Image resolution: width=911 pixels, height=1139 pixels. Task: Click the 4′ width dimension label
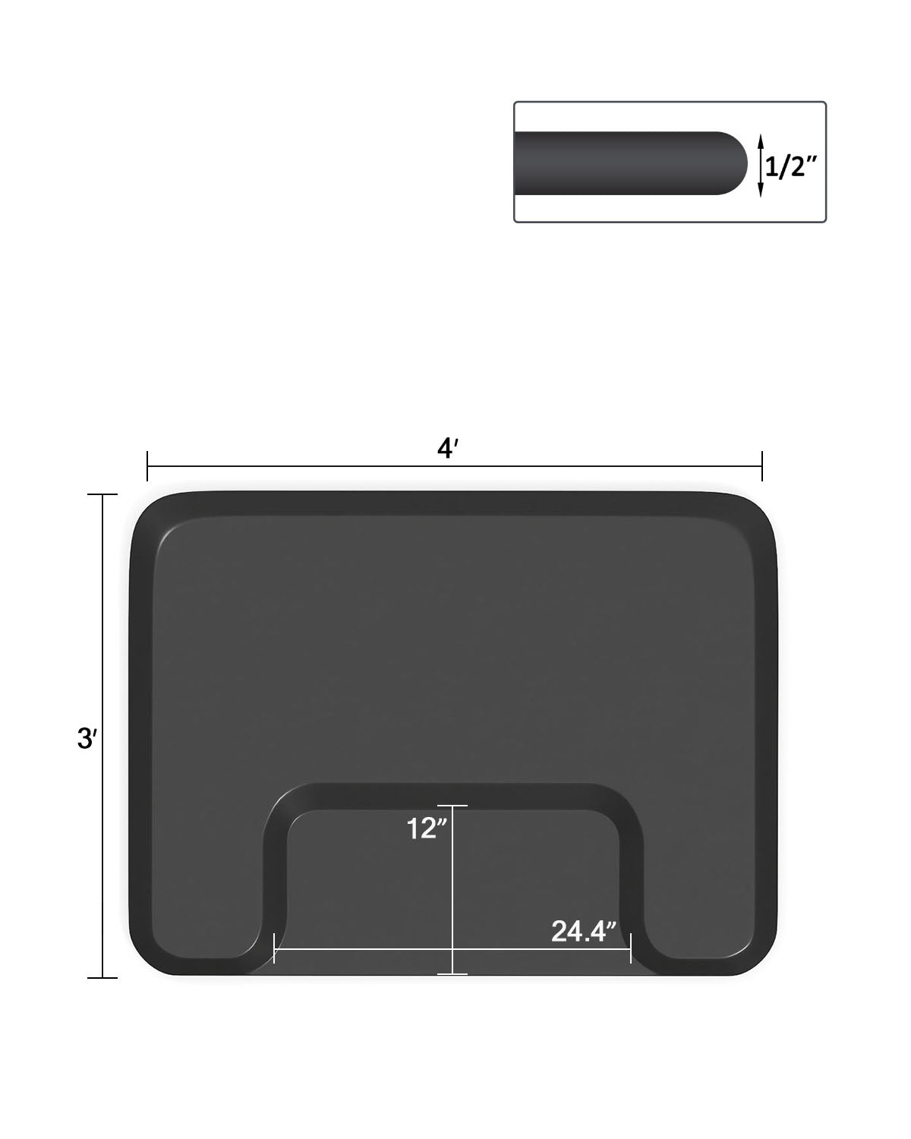coord(446,450)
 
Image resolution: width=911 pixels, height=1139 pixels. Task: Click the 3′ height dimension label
coord(86,738)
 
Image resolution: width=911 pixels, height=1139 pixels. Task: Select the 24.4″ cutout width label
coord(582,931)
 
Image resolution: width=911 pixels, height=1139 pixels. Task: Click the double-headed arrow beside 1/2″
coord(760,165)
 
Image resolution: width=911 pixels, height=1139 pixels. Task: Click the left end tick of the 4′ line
coord(148,465)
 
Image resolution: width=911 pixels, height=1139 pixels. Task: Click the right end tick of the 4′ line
coord(761,465)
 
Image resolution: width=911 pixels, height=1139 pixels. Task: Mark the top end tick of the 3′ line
coord(103,495)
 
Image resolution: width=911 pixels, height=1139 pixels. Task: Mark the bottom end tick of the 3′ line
coord(103,977)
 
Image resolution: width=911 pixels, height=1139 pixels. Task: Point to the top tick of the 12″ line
coord(452,806)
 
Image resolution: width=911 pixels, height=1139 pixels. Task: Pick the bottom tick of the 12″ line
coord(452,973)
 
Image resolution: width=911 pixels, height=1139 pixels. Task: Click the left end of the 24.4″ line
coord(274,949)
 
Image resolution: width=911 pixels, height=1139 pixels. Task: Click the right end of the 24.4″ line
coord(631,949)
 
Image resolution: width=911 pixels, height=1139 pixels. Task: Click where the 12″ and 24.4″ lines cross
coord(452,949)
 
